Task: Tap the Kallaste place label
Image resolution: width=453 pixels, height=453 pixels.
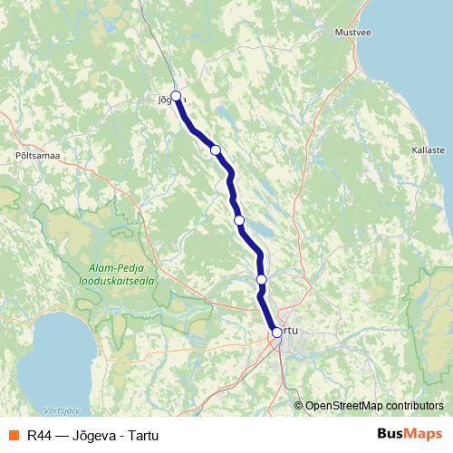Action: [x=428, y=149]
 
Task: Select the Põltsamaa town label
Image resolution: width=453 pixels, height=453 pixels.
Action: [x=37, y=156]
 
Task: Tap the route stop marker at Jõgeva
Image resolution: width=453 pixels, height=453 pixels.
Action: [x=177, y=95]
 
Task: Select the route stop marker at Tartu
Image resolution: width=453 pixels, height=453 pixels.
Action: [x=276, y=333]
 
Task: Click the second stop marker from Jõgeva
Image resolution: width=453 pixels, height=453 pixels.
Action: [x=216, y=149]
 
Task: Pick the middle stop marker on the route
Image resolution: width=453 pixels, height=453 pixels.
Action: [x=239, y=220]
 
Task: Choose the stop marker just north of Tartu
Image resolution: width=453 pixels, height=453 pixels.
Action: [x=262, y=280]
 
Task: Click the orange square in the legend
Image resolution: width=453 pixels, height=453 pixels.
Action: [x=14, y=434]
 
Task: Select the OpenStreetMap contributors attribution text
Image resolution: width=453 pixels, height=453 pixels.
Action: [x=374, y=405]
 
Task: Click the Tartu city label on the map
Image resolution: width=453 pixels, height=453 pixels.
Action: [x=290, y=331]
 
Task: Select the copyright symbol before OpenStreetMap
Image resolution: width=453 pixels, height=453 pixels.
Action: [x=299, y=405]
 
